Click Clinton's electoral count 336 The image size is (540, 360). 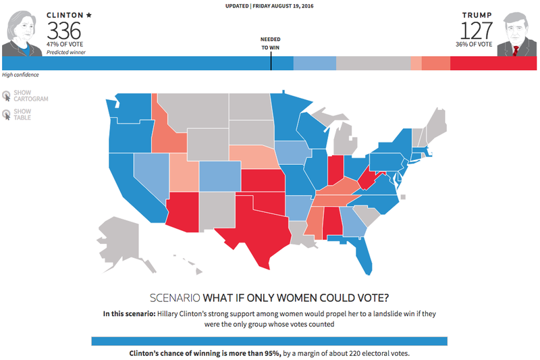[64, 30]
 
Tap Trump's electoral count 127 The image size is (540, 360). [477, 30]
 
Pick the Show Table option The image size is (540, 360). [22, 114]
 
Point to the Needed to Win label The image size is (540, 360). [271, 43]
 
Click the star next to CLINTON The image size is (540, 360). [88, 14]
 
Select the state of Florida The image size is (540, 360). [362, 257]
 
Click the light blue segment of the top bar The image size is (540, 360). [315, 63]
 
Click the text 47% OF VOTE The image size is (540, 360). [64, 44]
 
